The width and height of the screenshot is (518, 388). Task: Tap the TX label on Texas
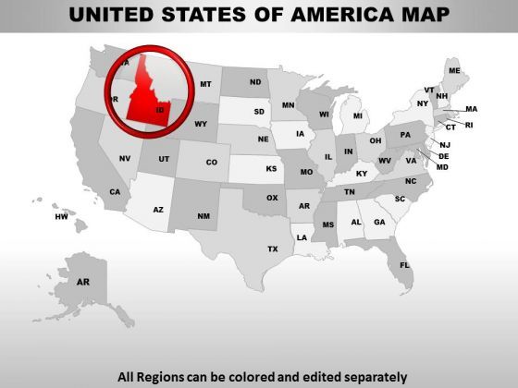[x=273, y=249]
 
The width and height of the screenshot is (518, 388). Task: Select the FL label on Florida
[x=404, y=265]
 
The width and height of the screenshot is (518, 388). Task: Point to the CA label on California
[x=116, y=192]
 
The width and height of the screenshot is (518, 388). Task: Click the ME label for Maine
[x=454, y=71]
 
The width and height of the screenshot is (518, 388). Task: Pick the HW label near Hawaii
[x=61, y=217]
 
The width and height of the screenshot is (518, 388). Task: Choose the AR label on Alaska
[x=83, y=282]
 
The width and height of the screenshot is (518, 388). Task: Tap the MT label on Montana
[x=206, y=84]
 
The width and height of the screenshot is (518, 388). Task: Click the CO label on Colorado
[x=212, y=162]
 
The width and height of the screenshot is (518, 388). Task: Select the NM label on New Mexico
[x=203, y=215]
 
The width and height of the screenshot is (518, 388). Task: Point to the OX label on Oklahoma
[x=272, y=197]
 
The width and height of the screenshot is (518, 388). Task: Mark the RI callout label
[x=468, y=125]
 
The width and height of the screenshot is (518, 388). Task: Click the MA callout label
[x=471, y=109]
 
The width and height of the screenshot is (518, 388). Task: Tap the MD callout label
[x=442, y=167]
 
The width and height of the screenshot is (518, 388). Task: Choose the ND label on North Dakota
[x=255, y=80]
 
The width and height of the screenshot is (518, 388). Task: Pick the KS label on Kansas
[x=272, y=169]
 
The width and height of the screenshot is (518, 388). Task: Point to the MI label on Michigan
[x=358, y=117]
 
